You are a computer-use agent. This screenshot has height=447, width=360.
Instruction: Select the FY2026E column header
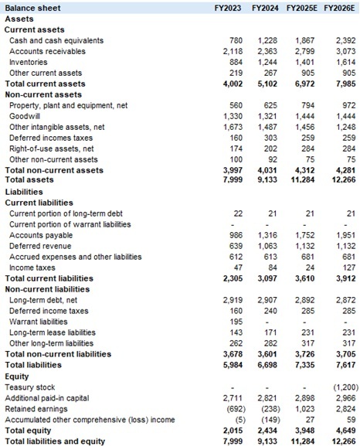tap(339, 7)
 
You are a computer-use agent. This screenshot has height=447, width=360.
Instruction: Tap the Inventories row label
tap(29, 62)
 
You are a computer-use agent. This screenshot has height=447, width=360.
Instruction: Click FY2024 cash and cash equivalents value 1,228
tap(267, 40)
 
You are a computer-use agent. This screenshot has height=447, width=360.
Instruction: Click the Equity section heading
tap(17, 375)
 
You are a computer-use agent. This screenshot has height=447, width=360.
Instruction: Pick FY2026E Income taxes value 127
tap(344, 267)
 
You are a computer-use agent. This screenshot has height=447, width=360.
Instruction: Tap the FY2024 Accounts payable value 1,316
tap(267, 234)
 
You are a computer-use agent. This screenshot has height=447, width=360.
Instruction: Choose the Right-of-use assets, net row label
tap(51, 148)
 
